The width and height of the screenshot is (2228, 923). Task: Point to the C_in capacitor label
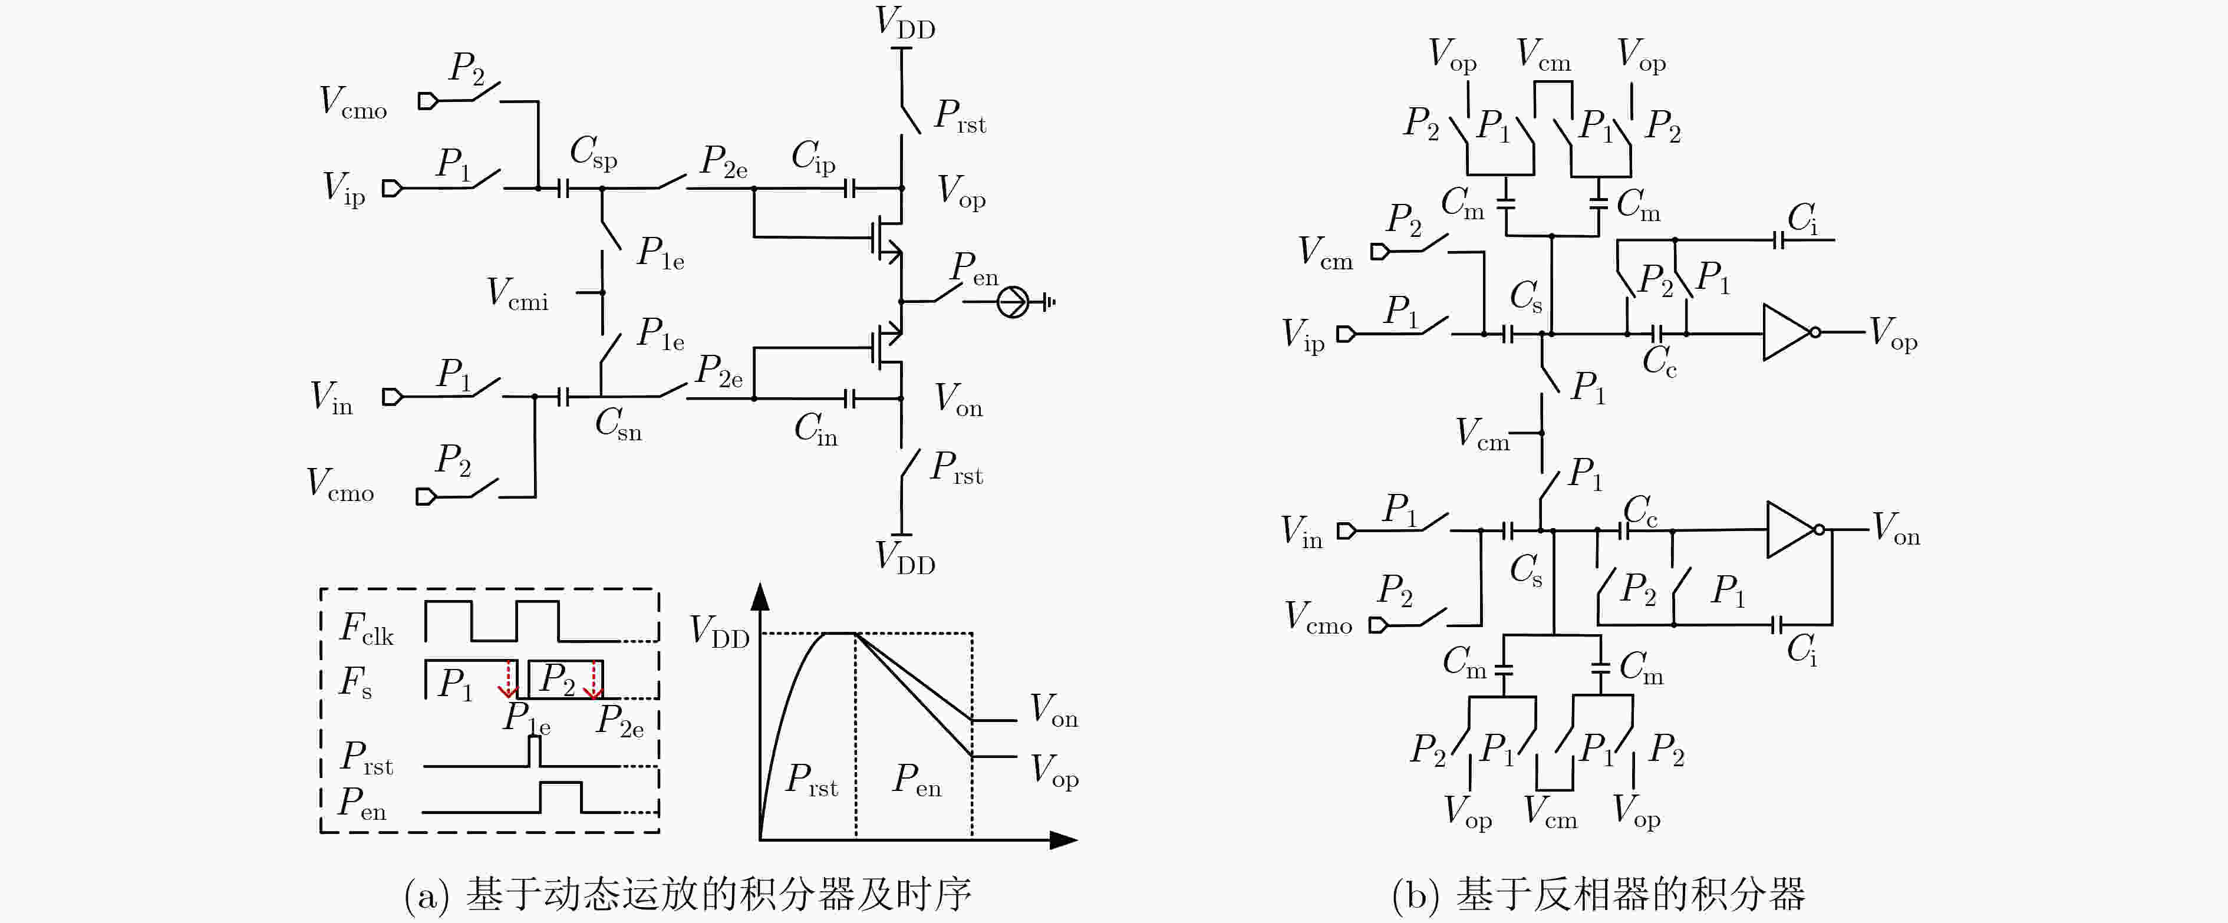point(816,429)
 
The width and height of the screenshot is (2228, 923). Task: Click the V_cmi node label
point(518,294)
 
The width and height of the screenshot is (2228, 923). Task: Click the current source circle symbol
point(1013,302)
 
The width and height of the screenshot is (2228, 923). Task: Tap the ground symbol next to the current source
point(1048,302)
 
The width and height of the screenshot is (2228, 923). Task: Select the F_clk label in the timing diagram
point(367,629)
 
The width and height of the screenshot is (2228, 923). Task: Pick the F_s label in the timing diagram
point(355,682)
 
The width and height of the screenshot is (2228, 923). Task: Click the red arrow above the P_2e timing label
point(594,679)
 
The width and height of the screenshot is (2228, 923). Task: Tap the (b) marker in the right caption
point(1416,895)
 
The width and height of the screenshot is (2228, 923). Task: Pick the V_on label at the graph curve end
point(1053,710)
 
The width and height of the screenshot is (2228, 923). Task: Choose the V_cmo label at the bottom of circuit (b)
point(1318,618)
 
